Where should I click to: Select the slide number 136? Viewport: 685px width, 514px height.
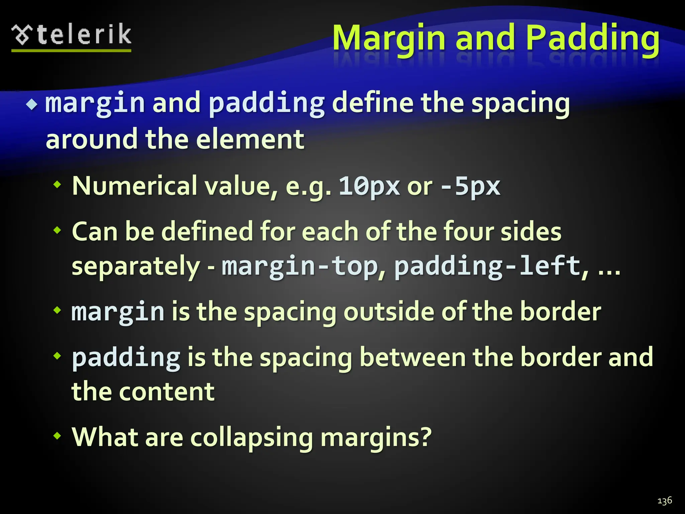(664, 501)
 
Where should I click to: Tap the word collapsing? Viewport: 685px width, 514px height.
(252, 437)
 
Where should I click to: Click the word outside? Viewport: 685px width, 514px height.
(389, 312)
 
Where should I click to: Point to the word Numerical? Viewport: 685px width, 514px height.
(134, 186)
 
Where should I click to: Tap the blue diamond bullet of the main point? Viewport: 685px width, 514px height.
(32, 105)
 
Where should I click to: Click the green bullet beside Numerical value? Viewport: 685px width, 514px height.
(58, 184)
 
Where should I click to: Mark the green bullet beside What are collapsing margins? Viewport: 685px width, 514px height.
(58, 436)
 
